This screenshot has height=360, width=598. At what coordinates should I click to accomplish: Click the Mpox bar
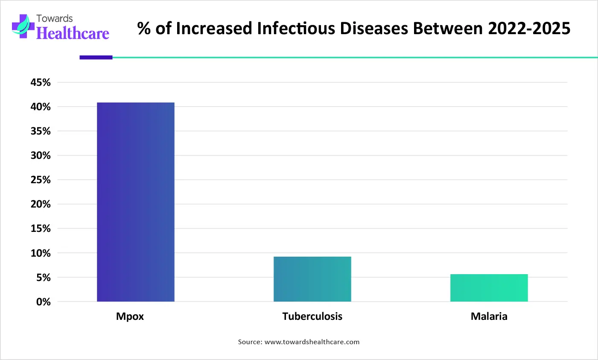coord(136,202)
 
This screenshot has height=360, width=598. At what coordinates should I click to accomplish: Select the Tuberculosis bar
coord(312,279)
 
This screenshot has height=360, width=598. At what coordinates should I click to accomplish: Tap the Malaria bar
coord(489,288)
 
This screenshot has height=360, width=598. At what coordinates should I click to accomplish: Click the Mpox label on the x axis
coord(130,316)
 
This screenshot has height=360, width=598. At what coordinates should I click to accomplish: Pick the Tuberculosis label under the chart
coord(312,316)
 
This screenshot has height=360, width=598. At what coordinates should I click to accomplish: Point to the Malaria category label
coord(489,316)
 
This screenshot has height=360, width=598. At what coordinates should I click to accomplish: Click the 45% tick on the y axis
coord(41,82)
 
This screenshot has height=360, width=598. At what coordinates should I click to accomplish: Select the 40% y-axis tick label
coord(41,107)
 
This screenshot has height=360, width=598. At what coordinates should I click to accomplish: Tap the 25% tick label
coord(41,180)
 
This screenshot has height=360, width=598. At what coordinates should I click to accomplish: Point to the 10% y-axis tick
coord(41,253)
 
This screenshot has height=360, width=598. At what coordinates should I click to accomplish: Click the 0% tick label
coord(43,302)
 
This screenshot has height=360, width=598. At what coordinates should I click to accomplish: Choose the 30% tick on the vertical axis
coord(41,155)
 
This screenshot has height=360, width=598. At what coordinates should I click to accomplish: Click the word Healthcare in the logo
coord(73,33)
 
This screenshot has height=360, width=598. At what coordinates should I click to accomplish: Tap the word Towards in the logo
coord(55,18)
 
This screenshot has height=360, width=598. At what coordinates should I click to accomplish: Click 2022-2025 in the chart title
coord(529,28)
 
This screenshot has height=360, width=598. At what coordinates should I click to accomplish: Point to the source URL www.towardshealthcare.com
coord(312,342)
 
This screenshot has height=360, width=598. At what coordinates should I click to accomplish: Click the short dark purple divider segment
coord(96,57)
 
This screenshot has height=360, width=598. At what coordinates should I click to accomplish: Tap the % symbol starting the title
coord(144,29)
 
